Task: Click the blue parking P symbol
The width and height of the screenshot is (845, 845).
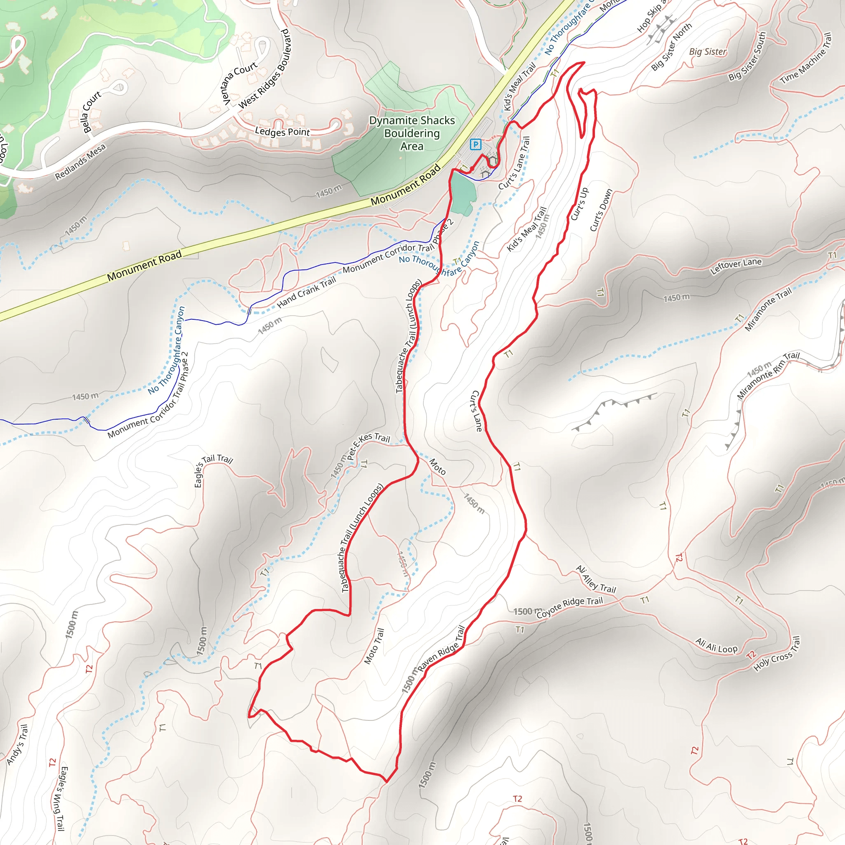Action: (475, 144)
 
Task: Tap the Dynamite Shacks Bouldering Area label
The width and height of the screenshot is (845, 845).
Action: (412, 133)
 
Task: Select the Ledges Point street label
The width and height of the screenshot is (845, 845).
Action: (282, 131)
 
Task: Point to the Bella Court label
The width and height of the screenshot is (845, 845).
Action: (92, 111)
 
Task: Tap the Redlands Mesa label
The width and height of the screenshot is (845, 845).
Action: (80, 162)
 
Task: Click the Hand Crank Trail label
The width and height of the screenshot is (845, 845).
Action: (306, 292)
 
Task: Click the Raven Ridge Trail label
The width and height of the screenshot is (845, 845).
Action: (441, 648)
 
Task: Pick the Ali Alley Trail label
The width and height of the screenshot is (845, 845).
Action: (596, 580)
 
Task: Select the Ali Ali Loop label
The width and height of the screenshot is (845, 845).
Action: (716, 646)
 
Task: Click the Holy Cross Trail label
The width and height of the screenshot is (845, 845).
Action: (777, 654)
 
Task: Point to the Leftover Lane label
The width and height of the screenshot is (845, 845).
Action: (736, 265)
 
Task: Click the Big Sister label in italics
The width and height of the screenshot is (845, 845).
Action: (708, 52)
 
